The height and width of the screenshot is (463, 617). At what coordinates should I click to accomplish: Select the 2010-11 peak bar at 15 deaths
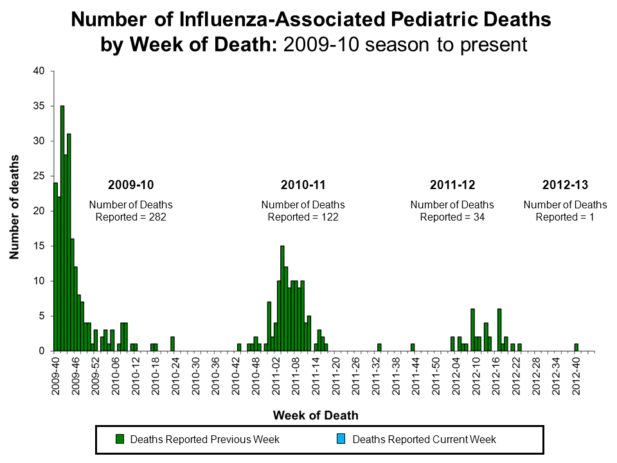click(282, 298)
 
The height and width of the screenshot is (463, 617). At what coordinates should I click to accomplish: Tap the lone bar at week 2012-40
click(576, 348)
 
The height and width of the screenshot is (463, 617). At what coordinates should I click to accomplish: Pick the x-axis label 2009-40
click(57, 376)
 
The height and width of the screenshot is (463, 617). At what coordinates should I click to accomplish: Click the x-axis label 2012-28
click(535, 376)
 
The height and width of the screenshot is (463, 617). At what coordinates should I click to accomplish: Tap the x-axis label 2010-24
click(174, 376)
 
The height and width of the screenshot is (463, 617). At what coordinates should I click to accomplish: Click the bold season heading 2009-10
click(130, 185)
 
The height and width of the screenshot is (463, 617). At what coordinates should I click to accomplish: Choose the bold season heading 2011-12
click(452, 185)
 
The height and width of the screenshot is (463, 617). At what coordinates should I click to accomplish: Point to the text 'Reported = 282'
click(130, 217)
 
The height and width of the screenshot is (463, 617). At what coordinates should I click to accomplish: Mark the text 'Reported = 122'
click(303, 217)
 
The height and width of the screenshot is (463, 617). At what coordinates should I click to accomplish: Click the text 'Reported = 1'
click(565, 217)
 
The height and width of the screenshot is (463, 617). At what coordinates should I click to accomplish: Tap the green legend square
click(119, 440)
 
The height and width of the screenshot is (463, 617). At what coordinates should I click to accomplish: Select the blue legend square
click(341, 440)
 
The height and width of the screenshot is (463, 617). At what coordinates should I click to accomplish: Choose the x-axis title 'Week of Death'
click(316, 415)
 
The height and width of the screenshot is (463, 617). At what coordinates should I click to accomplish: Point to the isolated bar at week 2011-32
click(379, 348)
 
